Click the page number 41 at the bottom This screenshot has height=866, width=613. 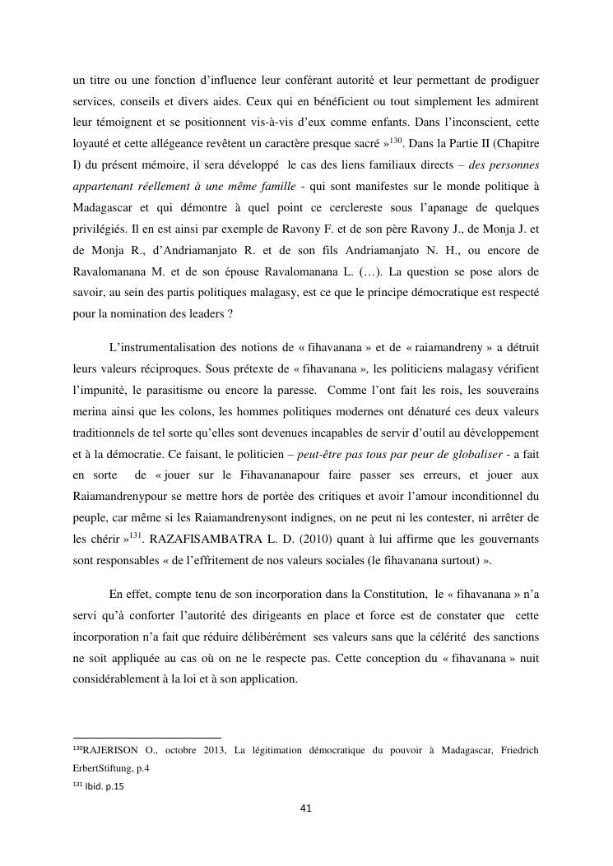[306, 808]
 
